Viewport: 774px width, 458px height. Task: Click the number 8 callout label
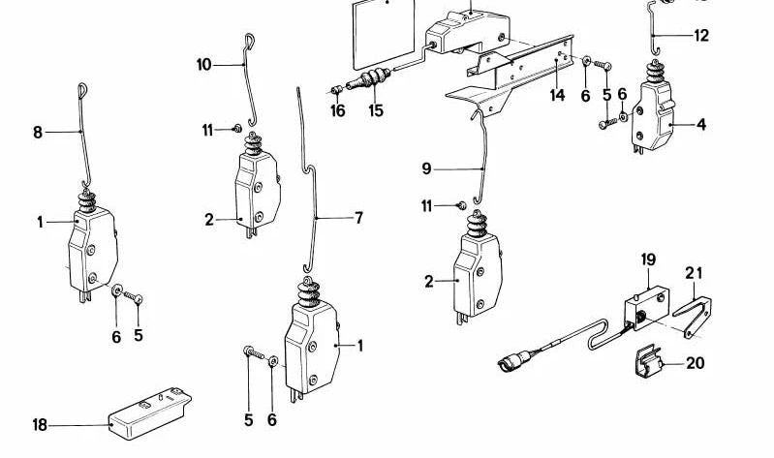(39, 132)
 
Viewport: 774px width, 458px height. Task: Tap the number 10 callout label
(203, 65)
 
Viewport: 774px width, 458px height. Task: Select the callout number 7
(358, 218)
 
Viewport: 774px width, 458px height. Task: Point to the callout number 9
(426, 168)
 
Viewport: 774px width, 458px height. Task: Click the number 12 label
(700, 36)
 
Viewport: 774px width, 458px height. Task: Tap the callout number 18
(40, 424)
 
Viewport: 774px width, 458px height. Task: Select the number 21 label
(693, 274)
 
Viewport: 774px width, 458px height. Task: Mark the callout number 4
(700, 124)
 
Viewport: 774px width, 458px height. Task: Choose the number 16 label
(337, 111)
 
